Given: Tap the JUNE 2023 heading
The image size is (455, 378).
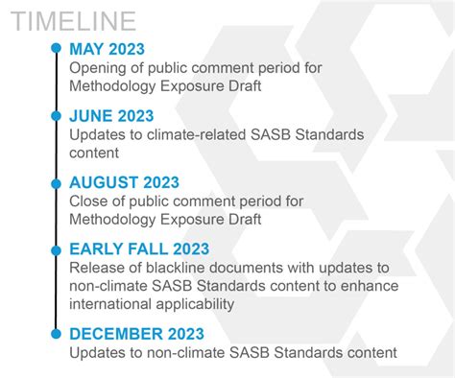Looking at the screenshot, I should (x=111, y=116).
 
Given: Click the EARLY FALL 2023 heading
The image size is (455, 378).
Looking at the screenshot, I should (x=139, y=248).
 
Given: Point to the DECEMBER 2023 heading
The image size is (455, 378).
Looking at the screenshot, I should (x=136, y=334).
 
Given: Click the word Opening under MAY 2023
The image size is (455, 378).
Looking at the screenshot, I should (x=97, y=68).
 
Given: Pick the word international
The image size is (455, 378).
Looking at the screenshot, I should (x=113, y=304).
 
